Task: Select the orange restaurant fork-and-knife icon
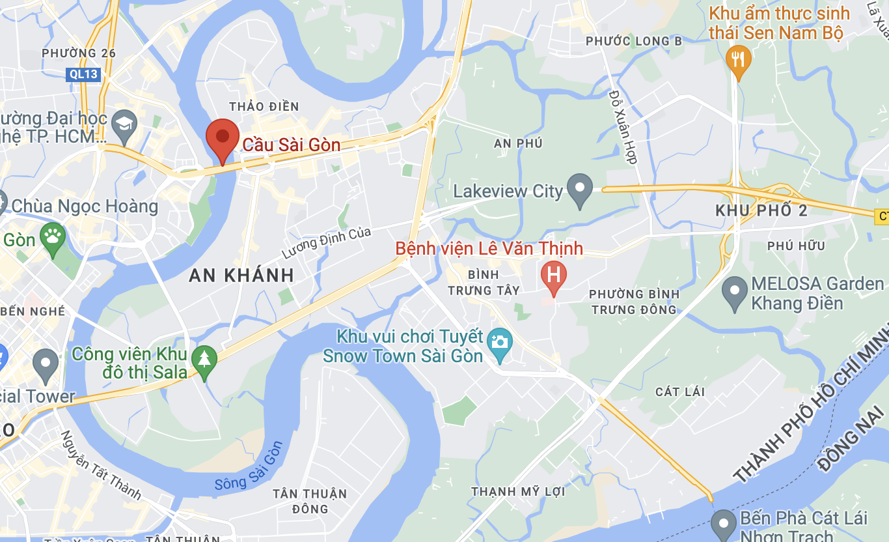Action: click(737, 59)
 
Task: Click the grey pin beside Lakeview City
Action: click(579, 188)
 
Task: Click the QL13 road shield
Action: click(84, 74)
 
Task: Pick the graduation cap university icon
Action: click(124, 122)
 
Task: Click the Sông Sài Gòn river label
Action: click(249, 466)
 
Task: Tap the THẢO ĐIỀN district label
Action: click(264, 106)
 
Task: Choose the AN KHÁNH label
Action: click(241, 275)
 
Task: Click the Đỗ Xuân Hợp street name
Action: click(623, 126)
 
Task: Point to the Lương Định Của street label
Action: click(327, 242)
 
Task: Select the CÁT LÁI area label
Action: click(680, 392)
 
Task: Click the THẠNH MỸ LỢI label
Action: click(518, 491)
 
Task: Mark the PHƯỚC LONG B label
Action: click(634, 41)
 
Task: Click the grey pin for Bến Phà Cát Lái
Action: click(723, 524)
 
